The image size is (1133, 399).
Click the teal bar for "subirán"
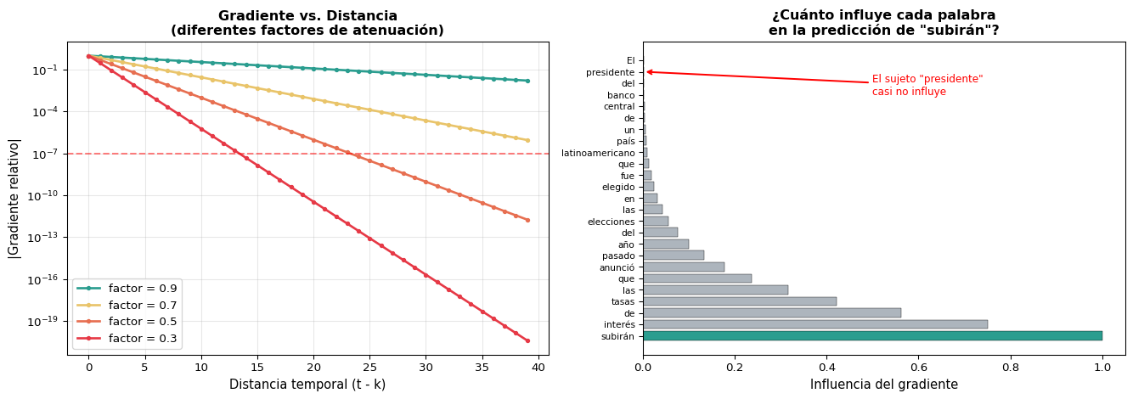[872, 336]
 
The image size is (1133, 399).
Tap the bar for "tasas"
[739, 301]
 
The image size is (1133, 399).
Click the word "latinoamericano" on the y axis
[597, 153]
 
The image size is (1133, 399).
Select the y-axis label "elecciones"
[611, 222]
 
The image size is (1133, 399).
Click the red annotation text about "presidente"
[927, 85]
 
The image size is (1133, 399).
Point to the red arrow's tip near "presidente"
[647, 72]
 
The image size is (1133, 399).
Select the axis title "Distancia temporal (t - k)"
[307, 385]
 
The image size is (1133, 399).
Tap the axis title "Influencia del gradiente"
[883, 385]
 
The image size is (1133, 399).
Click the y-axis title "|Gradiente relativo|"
[14, 198]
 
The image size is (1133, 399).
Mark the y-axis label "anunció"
[617, 267]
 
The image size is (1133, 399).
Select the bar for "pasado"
[674, 256]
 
